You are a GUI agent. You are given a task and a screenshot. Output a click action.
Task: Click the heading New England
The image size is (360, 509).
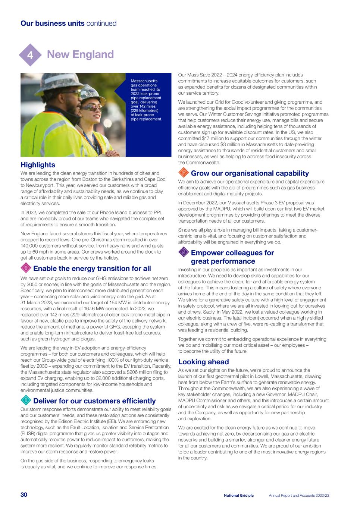80,54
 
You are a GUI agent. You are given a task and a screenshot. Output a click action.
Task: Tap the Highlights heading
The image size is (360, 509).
38,165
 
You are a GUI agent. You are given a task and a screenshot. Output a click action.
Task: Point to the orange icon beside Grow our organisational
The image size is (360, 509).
183,173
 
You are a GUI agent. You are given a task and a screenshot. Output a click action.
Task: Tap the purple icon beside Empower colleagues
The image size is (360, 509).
183,252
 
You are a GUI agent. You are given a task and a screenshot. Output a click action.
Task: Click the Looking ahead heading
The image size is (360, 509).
203,362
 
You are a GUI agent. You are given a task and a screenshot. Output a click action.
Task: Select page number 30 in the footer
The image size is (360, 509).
24,495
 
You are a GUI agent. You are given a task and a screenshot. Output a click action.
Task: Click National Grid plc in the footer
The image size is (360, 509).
239,496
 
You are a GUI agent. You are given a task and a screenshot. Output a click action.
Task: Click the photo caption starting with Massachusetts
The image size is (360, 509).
146,100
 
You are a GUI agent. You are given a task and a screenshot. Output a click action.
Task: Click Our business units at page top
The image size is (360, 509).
53,23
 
